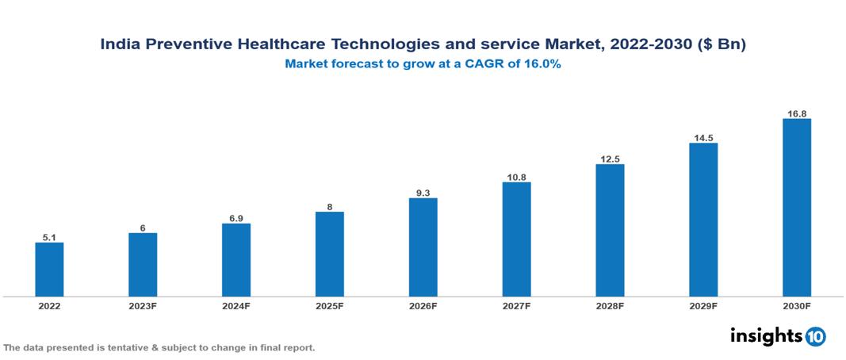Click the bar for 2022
[x=49, y=270]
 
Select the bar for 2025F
[x=329, y=254]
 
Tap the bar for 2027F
[x=516, y=239]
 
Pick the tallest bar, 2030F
[x=796, y=208]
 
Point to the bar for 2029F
[x=703, y=220]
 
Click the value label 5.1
[x=49, y=236]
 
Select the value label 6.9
[x=235, y=217]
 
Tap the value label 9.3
[x=423, y=192]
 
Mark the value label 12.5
[x=610, y=159]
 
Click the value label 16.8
[x=796, y=113]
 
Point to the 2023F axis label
[x=143, y=306]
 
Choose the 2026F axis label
[x=423, y=306]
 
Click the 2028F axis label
[x=610, y=306]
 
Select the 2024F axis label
[x=235, y=306]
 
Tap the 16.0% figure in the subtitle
[x=542, y=65]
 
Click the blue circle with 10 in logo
[x=815, y=336]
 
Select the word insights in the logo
[x=766, y=335]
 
